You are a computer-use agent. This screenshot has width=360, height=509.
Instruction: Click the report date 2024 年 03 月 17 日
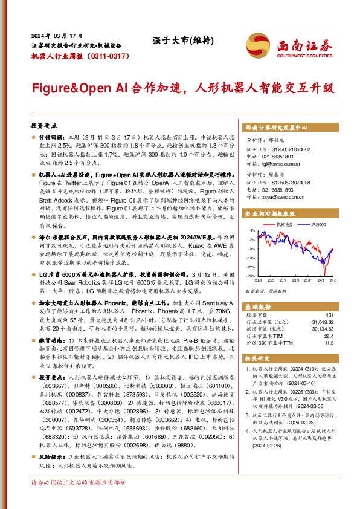click(56, 34)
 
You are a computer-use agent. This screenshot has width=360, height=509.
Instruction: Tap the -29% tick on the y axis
click(251, 276)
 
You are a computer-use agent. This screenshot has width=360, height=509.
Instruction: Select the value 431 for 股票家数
click(329, 315)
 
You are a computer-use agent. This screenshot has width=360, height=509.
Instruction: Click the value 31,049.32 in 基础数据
click(322, 322)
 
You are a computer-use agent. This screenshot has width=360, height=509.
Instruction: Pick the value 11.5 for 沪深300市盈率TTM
click(329, 342)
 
